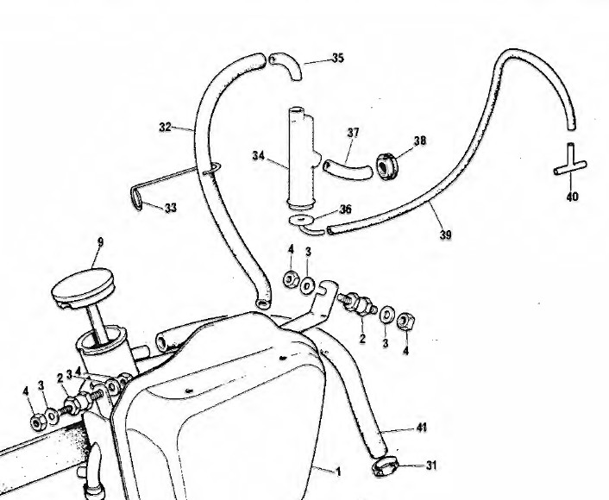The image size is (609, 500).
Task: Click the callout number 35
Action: [337, 59]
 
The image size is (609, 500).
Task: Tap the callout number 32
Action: [165, 128]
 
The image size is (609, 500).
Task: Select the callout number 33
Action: [170, 208]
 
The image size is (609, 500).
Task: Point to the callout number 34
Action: [259, 156]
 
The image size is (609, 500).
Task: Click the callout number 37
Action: [353, 133]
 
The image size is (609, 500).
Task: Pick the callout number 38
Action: [420, 141]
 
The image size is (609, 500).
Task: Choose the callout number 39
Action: [446, 234]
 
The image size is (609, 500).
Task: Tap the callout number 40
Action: [572, 197]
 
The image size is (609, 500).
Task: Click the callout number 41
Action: [420, 428]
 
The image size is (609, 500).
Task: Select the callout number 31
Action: [431, 466]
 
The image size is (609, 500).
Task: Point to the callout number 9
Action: [99, 243]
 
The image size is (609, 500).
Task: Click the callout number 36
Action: [346, 209]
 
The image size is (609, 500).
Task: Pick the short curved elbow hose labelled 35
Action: [285, 66]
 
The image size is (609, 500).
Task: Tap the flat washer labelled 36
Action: [301, 220]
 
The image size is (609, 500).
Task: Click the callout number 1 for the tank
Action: [339, 472]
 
